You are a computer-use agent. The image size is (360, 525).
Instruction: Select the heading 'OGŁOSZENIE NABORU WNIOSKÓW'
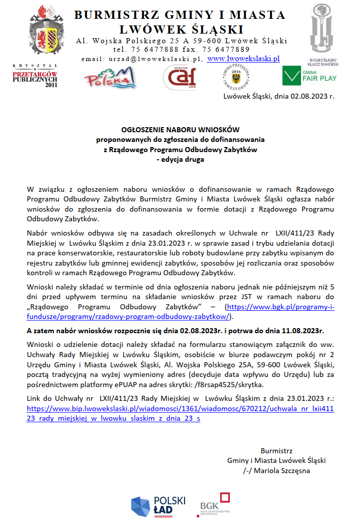point(180,130)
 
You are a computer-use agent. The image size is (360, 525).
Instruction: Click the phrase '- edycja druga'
point(180,159)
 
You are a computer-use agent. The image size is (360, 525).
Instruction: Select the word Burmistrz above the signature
point(276,451)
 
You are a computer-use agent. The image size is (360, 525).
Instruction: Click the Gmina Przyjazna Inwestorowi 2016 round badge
point(236,78)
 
